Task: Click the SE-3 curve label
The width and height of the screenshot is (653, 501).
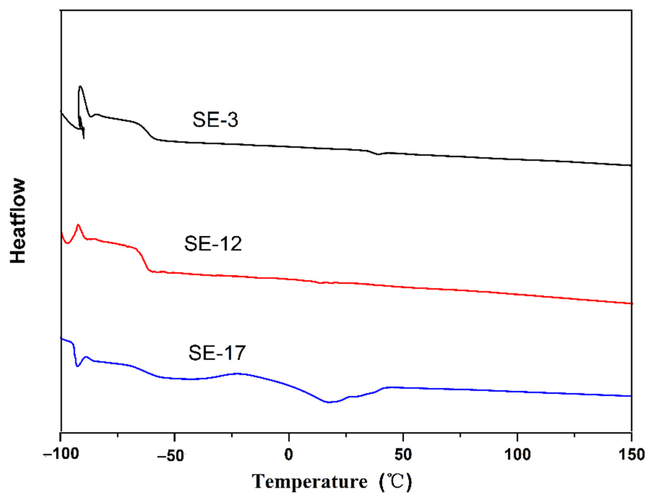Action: click(x=215, y=120)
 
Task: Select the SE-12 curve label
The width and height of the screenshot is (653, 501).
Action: click(x=213, y=244)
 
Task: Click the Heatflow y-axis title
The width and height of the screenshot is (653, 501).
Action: click(x=18, y=221)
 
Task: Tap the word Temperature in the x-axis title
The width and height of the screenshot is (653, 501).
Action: click(x=310, y=482)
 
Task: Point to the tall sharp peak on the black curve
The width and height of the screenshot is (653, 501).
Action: click(x=80, y=87)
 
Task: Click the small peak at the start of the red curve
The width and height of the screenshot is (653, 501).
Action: click(x=78, y=225)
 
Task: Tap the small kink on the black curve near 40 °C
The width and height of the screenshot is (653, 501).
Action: click(x=378, y=154)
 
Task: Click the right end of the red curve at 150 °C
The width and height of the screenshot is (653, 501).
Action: click(x=631, y=303)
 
